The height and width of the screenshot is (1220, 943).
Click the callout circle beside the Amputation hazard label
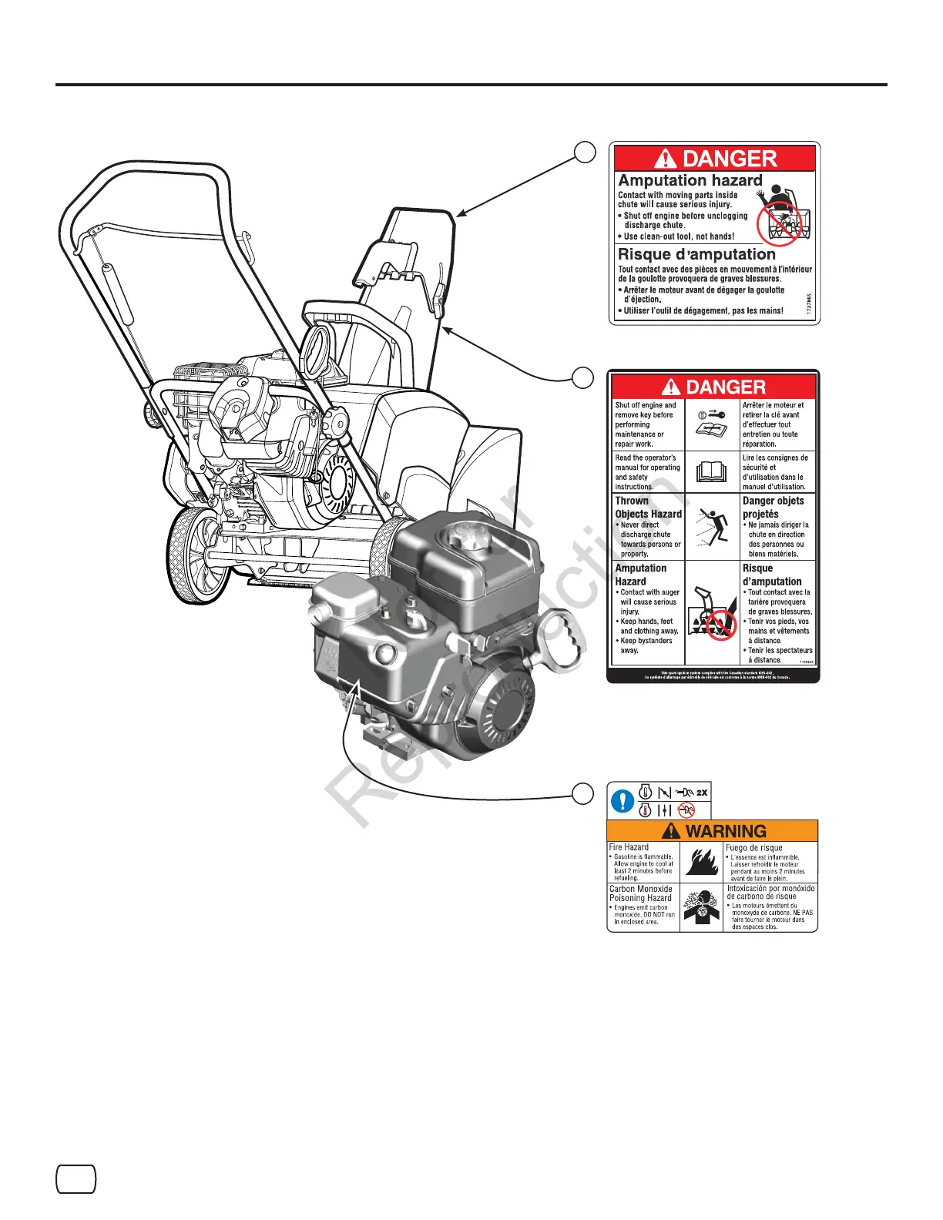[x=585, y=152]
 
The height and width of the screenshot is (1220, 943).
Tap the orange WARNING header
[x=713, y=831]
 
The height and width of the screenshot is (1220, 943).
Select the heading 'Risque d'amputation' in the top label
[x=696, y=254]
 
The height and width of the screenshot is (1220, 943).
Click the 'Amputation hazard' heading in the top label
[x=690, y=180]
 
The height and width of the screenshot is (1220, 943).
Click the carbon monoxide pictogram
[x=701, y=907]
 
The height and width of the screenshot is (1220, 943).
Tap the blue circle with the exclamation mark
[x=622, y=801]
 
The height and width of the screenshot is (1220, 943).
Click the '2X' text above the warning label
[x=701, y=793]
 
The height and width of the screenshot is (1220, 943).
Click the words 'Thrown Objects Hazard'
[x=648, y=508]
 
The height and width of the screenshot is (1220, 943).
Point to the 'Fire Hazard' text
[x=629, y=847]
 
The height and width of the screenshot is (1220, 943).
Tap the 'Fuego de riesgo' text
[x=753, y=847]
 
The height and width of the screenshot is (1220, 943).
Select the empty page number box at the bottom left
[x=76, y=1179]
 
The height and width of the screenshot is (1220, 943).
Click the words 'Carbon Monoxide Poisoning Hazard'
[x=640, y=893]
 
